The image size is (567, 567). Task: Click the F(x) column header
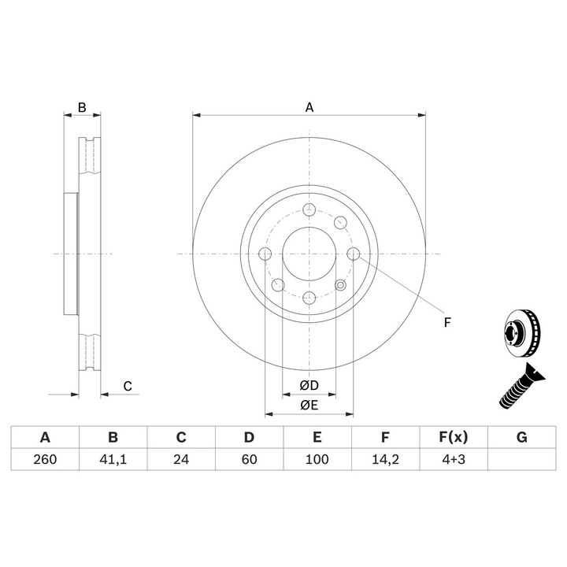click(453, 438)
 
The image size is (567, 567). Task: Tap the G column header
click(521, 438)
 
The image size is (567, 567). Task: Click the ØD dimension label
click(309, 386)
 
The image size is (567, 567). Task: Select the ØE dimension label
click(309, 406)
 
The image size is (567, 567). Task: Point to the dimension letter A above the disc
click(309, 107)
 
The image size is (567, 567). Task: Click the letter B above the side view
click(81, 107)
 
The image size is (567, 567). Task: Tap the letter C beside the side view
click(126, 386)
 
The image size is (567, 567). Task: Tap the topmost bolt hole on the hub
click(309, 210)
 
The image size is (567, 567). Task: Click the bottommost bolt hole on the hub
click(309, 297)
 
